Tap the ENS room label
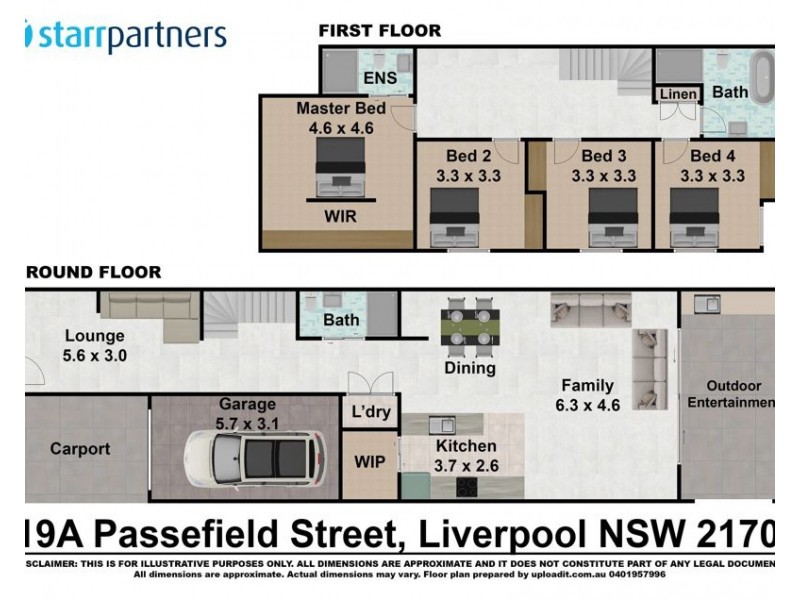[380, 78]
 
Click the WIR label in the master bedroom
[339, 216]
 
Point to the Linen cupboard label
[678, 94]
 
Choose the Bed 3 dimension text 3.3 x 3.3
[603, 176]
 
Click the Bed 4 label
[712, 156]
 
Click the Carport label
[80, 449]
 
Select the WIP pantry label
[370, 464]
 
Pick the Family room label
[587, 385]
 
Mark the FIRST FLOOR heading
[379, 30]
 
